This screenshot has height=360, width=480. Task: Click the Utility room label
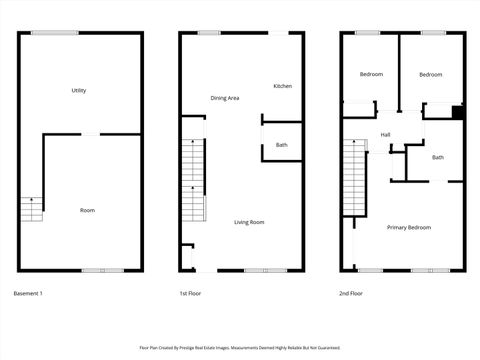coord(79,91)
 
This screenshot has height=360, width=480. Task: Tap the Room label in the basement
coord(87,210)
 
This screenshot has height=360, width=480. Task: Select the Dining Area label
coord(224,98)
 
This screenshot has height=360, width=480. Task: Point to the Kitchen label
coord(283,86)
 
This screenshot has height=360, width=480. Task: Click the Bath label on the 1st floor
coord(282,146)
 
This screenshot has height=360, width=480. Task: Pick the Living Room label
coord(249,221)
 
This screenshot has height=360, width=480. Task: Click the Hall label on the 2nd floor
coord(385,135)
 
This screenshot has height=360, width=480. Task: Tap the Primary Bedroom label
coord(409,227)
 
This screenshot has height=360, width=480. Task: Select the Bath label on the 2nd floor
coord(438,157)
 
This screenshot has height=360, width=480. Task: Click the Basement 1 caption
coord(28,293)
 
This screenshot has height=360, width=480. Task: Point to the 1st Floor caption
coord(192,293)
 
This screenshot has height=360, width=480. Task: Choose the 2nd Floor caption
coord(351,293)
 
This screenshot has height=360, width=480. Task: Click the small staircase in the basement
coord(33,210)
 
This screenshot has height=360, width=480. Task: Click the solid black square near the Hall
coord(457,112)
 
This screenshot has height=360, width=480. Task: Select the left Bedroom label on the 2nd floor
coord(371,75)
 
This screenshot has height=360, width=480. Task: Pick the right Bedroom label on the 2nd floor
coord(430,75)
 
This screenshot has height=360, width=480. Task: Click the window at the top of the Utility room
coord(54,33)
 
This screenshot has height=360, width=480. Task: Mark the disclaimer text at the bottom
coord(239,348)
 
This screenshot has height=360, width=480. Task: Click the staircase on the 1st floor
coord(193,180)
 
